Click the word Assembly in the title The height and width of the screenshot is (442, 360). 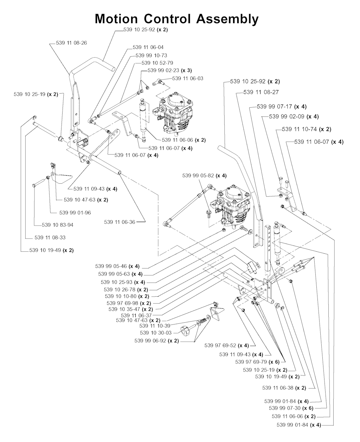[227, 19]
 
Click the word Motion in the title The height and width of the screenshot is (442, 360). [116, 19]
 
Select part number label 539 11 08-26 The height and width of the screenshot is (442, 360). [71, 43]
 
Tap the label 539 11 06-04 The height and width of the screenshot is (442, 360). [148, 48]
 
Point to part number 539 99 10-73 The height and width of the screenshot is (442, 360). [151, 56]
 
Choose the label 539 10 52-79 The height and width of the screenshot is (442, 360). [157, 63]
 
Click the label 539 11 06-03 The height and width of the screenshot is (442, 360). [188, 78]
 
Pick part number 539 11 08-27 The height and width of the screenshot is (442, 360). [261, 92]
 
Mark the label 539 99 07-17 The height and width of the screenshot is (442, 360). [274, 107]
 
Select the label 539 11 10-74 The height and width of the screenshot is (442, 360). [299, 129]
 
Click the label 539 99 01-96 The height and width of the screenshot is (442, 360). [75, 213]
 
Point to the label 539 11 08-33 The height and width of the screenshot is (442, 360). [50, 238]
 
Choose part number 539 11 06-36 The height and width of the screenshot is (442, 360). [120, 222]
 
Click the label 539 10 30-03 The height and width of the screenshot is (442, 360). [156, 333]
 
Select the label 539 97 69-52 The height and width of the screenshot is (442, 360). [220, 345]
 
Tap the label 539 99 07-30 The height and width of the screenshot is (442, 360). [285, 408]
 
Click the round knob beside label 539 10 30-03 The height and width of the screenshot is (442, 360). [185, 331]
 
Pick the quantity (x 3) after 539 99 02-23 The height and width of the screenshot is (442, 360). [186, 70]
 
